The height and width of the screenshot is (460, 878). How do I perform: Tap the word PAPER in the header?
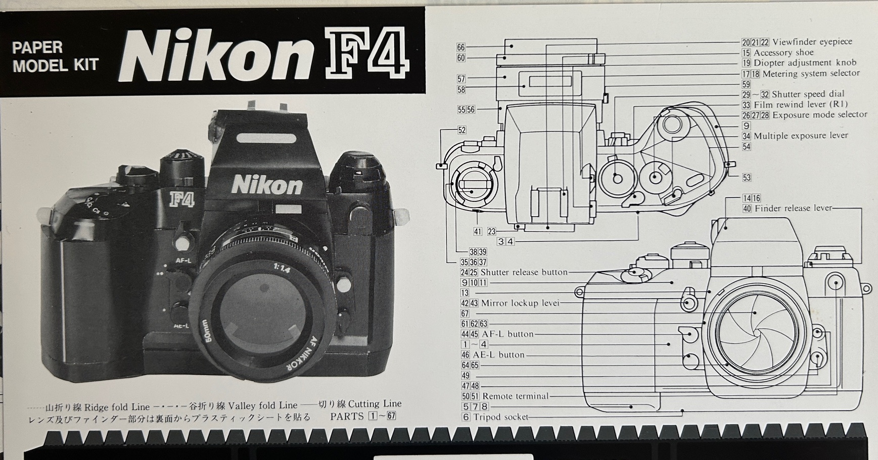[37, 47]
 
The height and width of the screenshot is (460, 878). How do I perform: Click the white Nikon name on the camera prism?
[267, 185]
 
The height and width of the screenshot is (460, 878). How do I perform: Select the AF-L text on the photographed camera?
[183, 261]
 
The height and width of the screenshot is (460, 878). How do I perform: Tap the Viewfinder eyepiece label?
[812, 42]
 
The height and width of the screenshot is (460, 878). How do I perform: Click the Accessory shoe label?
[783, 53]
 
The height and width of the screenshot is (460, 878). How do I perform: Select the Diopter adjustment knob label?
[805, 63]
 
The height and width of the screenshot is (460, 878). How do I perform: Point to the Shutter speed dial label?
[808, 94]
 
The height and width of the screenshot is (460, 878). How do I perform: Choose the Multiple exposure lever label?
[801, 136]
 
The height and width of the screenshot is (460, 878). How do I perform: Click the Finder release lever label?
[793, 208]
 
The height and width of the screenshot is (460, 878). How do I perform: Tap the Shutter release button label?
[524, 272]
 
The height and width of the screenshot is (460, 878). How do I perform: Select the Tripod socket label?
[500, 417]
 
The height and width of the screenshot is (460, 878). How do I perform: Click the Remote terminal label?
[515, 396]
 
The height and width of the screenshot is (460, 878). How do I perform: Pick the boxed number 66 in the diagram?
[461, 47]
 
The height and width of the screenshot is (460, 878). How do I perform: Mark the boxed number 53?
[747, 178]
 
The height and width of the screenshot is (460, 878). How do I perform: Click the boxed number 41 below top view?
[478, 231]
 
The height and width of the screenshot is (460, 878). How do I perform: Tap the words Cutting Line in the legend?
[375, 404]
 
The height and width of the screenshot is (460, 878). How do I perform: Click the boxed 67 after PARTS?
[391, 417]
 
